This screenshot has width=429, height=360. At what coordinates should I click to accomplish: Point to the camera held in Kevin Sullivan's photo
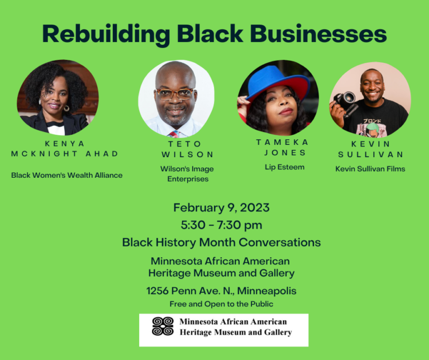[x=345, y=101]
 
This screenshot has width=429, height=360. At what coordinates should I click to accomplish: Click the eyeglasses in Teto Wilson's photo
[x=175, y=94]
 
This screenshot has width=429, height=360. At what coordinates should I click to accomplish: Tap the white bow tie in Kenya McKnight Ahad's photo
[x=55, y=128]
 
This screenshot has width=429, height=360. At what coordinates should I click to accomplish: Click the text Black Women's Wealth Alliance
[x=66, y=175]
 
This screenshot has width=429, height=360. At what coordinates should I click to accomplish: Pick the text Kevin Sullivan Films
[x=370, y=168]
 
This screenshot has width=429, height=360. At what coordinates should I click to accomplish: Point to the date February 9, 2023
[x=221, y=208]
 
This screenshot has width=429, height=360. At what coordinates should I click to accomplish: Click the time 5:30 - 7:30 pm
[x=221, y=225]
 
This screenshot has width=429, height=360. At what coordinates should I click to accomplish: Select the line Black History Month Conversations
[x=221, y=242]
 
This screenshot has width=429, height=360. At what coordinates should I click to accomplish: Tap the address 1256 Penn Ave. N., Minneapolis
[x=221, y=291]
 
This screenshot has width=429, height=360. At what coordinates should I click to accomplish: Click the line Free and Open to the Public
[x=221, y=304]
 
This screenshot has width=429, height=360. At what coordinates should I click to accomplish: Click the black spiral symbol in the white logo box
[x=163, y=326]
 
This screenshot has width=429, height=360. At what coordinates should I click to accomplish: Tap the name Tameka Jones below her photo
[x=282, y=148]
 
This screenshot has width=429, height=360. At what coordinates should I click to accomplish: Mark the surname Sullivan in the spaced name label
[x=370, y=154]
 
